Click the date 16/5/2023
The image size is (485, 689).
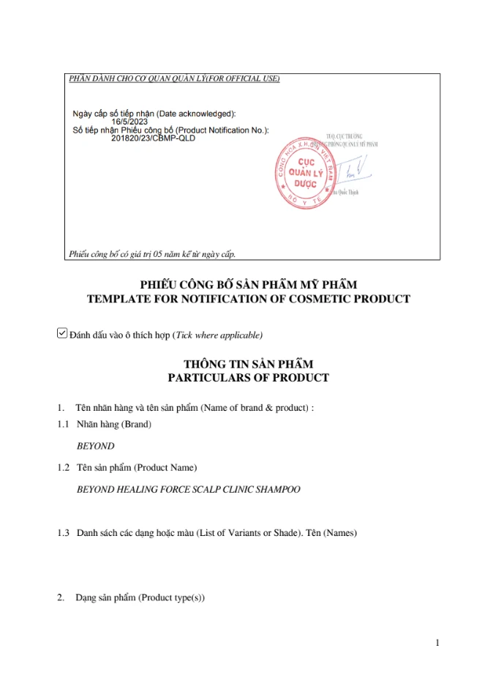[x=129, y=122]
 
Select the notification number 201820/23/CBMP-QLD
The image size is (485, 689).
[x=152, y=137]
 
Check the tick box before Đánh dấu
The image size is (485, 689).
[x=61, y=334]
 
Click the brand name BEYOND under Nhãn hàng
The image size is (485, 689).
[x=96, y=446]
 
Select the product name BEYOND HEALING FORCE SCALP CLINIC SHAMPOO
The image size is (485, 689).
[x=188, y=489]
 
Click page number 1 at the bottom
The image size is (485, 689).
[x=437, y=643]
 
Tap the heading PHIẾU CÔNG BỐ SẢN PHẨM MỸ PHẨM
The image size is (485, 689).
[x=248, y=285]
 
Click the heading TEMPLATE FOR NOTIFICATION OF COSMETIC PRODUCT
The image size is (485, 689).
[x=248, y=299]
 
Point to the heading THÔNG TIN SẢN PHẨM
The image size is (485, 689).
[x=248, y=365]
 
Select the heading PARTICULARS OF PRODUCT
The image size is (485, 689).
[x=248, y=378]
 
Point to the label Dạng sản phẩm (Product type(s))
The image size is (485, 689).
[x=140, y=598]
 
